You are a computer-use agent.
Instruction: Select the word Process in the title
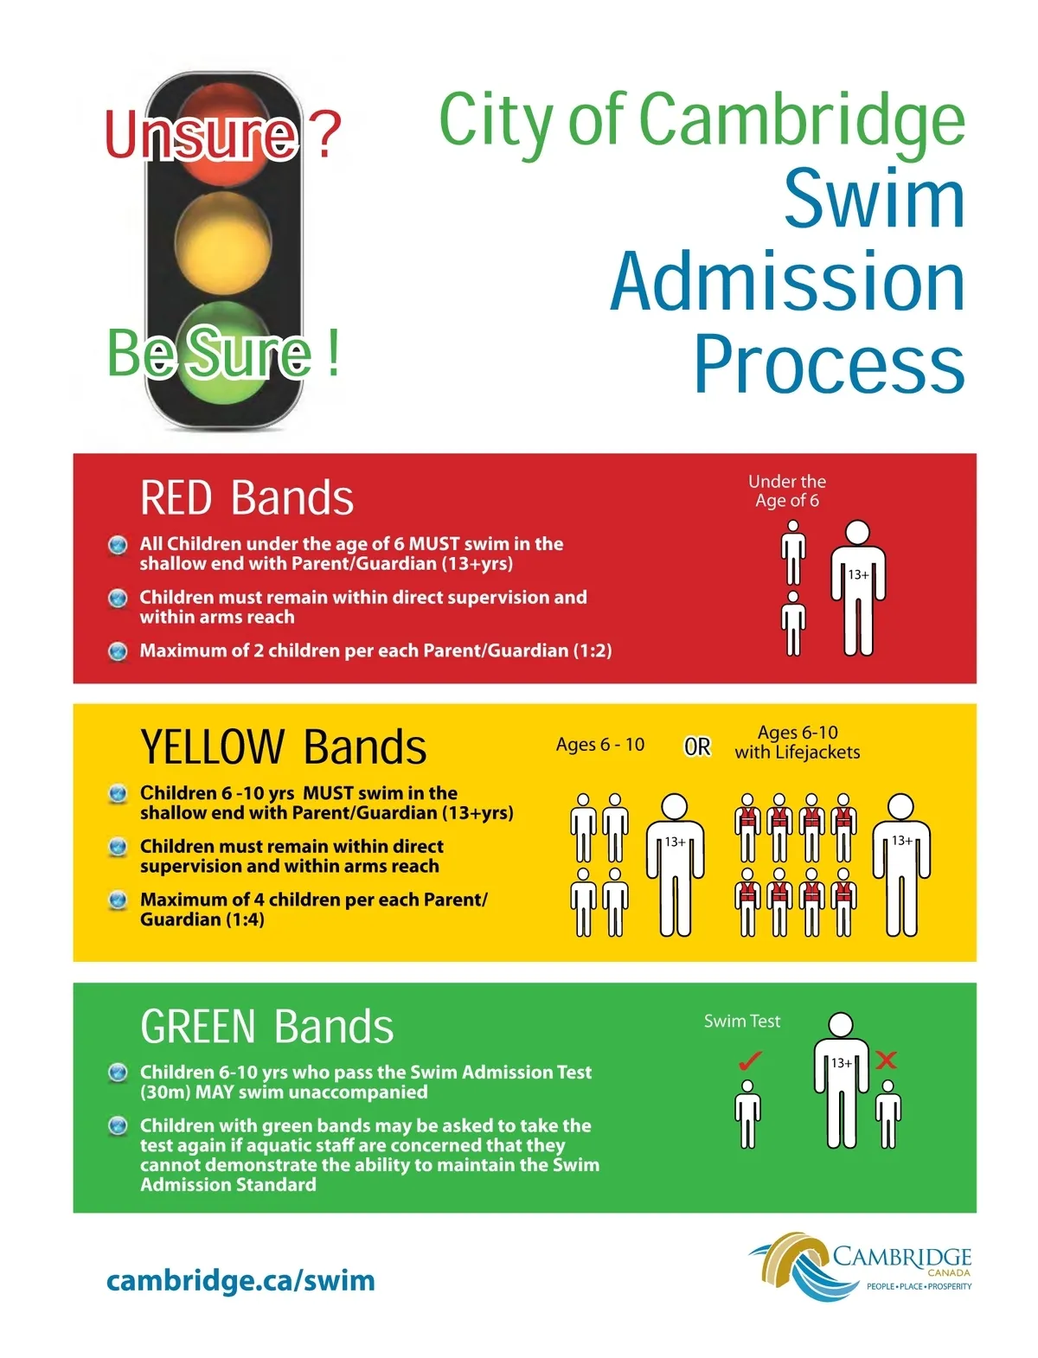pos(829,363)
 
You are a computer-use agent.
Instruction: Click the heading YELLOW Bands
pos(283,746)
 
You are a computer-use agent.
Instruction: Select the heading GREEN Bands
pos(266,1026)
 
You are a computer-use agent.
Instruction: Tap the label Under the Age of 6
pos(787,490)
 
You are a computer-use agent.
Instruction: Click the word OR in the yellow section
pos(697,746)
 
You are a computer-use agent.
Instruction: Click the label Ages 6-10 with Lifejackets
pos(798,742)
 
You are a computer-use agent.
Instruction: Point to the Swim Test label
pos(741,1021)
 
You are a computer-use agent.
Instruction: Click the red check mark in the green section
pos(750,1059)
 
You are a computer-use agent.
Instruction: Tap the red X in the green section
pos(886,1060)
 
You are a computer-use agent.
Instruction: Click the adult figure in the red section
pos(857,588)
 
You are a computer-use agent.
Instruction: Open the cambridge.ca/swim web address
pos(240,1280)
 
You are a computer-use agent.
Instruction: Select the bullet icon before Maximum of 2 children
pos(118,650)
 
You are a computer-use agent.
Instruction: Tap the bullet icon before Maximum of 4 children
pos(118,900)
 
